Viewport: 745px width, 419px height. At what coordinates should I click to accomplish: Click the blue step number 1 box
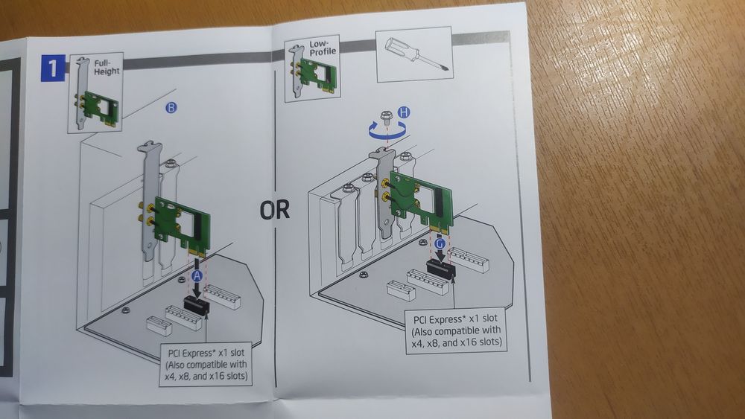click(x=52, y=69)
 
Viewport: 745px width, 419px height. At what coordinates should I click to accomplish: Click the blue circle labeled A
click(x=197, y=275)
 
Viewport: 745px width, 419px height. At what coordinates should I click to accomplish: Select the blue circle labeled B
click(x=171, y=109)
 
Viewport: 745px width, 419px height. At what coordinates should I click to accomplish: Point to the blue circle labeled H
click(x=403, y=112)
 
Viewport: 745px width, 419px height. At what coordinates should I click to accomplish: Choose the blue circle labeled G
click(x=440, y=243)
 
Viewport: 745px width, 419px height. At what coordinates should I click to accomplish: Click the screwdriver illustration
click(x=413, y=54)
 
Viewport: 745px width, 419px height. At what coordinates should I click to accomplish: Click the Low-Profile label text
click(x=323, y=51)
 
